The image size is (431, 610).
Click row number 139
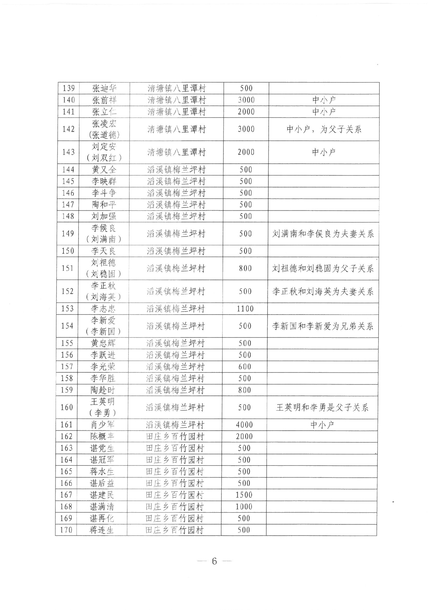69,88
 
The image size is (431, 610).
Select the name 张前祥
104,100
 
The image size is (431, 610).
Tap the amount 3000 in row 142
246,129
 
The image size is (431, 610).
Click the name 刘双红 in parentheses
104,158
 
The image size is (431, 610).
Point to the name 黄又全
104,170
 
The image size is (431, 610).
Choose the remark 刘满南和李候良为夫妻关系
323,234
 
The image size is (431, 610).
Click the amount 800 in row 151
245,268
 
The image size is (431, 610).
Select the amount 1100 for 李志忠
245,309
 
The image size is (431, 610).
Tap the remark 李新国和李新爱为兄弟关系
323,326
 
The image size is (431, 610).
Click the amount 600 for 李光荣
245,367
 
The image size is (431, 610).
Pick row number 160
67,407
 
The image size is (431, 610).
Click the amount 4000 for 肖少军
244,425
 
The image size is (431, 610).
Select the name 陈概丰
102,436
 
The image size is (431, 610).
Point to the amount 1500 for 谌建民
244,495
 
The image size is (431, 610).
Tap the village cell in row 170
174,530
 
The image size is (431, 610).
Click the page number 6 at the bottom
214,561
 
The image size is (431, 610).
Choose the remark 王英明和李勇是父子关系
322,407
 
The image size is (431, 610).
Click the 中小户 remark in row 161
322,425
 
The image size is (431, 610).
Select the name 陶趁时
103,390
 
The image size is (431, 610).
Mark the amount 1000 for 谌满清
244,507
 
